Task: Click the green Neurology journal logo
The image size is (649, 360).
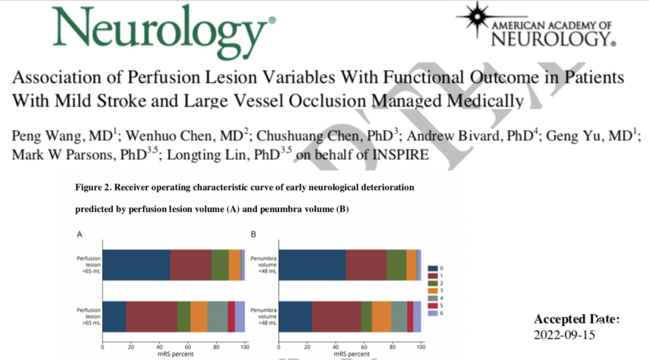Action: (164, 31)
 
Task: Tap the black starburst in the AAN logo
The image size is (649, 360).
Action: (477, 17)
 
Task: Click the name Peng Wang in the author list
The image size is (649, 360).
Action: (48, 136)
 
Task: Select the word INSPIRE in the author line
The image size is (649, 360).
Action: (400, 155)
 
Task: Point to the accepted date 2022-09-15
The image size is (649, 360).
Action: (565, 335)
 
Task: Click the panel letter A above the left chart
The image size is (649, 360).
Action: (79, 234)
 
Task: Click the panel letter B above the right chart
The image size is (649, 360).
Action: (254, 234)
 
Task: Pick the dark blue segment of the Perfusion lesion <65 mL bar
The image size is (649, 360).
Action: (136, 265)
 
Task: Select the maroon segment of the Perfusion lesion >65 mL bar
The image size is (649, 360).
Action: (152, 316)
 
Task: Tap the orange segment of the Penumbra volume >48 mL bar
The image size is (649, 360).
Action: (382, 316)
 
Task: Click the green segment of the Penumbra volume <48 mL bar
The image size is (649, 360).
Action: (397, 265)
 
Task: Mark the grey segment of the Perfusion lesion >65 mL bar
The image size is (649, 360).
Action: (218, 316)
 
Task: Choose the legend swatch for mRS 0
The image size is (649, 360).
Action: (432, 268)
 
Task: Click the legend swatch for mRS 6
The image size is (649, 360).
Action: (432, 313)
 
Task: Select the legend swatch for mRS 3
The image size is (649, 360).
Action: (432, 291)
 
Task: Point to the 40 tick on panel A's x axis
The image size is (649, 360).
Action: (159, 347)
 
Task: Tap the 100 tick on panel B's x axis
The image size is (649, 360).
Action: (421, 347)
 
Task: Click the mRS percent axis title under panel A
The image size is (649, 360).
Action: (175, 354)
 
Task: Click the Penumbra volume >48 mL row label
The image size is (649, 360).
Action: (264, 316)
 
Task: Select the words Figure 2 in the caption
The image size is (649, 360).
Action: (93, 187)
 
